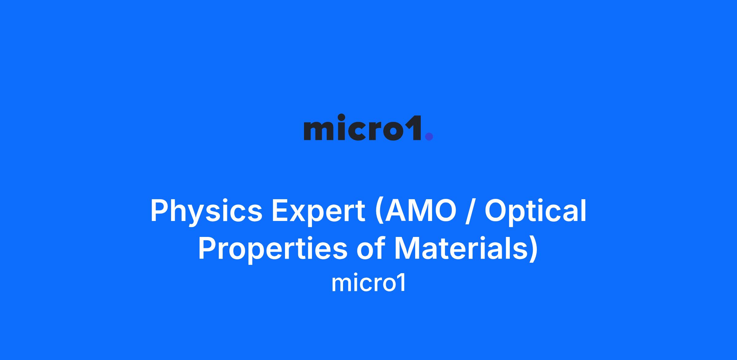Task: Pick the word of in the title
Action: coord(370,248)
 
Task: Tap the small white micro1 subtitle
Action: coord(368,284)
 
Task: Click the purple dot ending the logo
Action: coord(429,136)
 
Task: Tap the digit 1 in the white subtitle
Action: coord(401,283)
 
